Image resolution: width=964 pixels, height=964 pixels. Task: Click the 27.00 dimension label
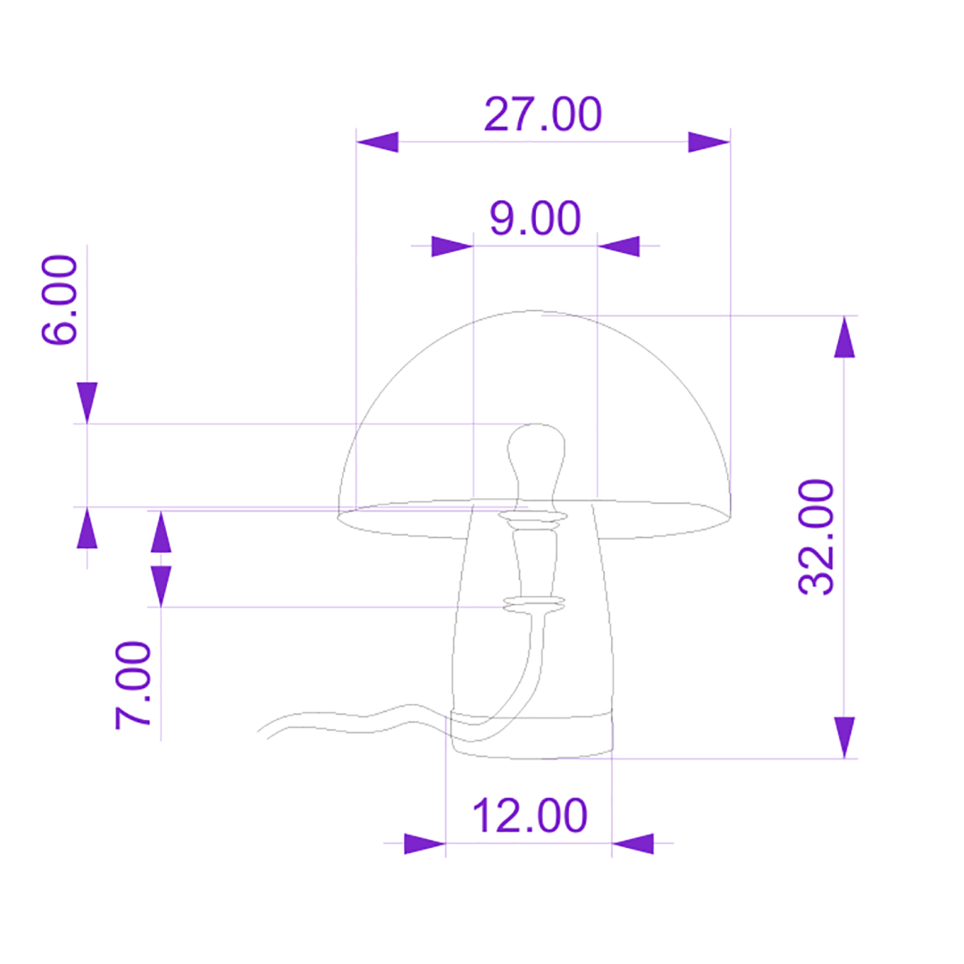(543, 115)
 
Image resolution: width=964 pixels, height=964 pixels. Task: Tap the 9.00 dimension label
(535, 218)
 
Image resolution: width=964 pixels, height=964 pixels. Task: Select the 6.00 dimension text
(60, 300)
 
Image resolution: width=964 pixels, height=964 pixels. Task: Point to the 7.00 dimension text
(133, 685)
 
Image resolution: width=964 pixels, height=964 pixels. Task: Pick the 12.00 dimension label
(530, 816)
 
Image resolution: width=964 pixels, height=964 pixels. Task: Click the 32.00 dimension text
(816, 537)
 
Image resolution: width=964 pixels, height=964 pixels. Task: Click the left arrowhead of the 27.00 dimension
(377, 142)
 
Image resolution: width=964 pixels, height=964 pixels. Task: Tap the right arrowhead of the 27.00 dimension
(709, 142)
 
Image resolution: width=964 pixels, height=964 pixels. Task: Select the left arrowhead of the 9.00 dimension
(452, 246)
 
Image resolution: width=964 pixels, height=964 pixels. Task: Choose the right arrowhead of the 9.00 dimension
(618, 246)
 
